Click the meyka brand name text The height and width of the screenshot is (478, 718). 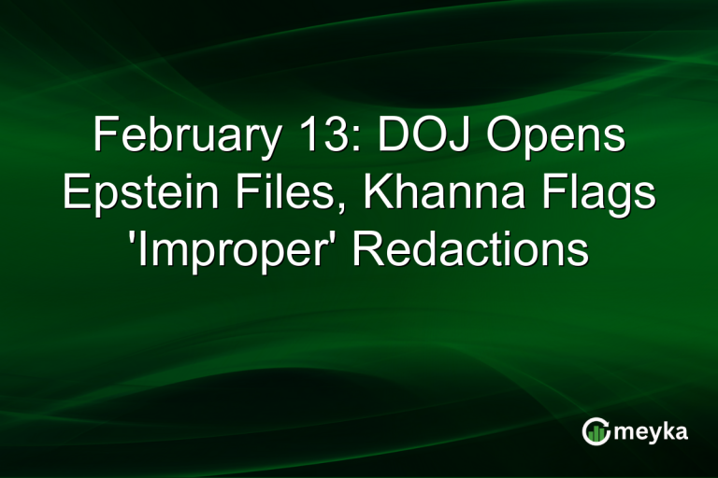click(x=653, y=432)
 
